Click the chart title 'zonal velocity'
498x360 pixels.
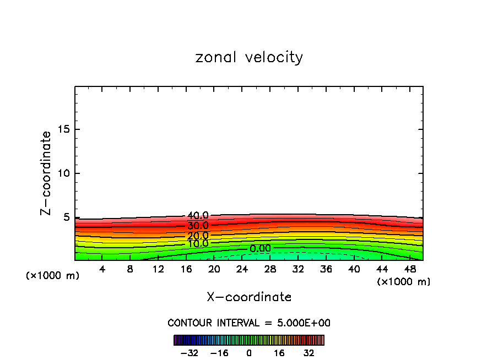pos(249,57)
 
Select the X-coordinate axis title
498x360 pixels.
pos(249,297)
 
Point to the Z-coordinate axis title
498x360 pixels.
pos(46,173)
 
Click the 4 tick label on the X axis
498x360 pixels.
pos(102,270)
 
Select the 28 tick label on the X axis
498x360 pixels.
pos(270,270)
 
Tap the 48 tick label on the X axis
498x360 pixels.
pos(410,270)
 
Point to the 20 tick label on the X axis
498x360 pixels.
pos(214,270)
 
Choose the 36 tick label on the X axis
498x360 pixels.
pos(326,270)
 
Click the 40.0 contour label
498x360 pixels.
pos(198,216)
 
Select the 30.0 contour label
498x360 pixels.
pos(198,226)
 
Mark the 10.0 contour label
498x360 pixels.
pos(198,244)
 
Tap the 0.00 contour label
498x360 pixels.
pos(260,249)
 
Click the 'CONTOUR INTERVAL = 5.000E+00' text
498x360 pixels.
pos(249,323)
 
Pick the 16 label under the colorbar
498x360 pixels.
pos(279,353)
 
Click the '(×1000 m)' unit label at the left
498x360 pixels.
pos(53,276)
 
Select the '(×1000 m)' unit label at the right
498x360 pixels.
pos(404,282)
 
